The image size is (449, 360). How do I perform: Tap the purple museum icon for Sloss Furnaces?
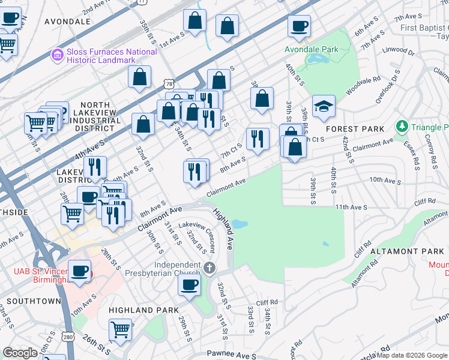click(58, 55)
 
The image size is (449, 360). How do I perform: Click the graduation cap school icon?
click(324, 106)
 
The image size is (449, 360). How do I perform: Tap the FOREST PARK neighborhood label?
click(354, 129)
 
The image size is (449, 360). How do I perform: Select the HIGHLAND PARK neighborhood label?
click(143, 310)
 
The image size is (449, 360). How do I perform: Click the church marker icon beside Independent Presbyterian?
click(209, 268)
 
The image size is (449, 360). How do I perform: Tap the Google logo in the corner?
click(20, 353)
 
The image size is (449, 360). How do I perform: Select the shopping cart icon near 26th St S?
click(121, 329)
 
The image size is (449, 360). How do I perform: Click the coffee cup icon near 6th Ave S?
click(299, 26)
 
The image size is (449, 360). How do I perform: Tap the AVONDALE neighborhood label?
click(67, 22)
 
